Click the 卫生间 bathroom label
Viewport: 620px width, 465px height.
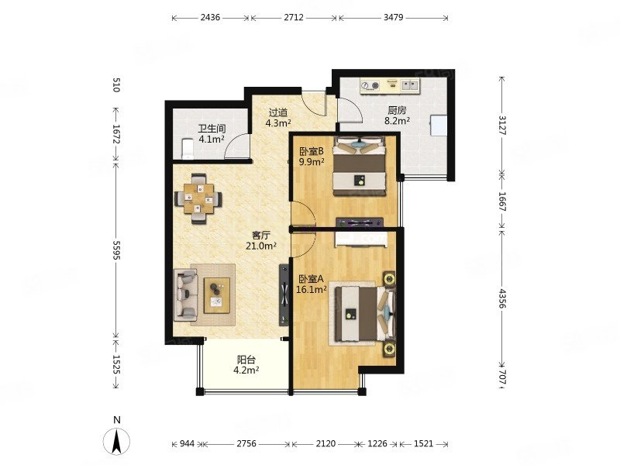(211, 129)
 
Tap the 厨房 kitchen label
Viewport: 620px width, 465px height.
(397, 110)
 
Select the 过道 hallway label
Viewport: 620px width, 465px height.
(278, 112)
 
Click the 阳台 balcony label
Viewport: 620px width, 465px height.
(246, 360)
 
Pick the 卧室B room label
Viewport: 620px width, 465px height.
(312, 151)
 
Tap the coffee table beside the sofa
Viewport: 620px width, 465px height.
(218, 294)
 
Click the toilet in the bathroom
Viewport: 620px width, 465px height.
(184, 147)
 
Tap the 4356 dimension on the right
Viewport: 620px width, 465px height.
(502, 296)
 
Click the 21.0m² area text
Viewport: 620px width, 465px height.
(260, 246)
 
